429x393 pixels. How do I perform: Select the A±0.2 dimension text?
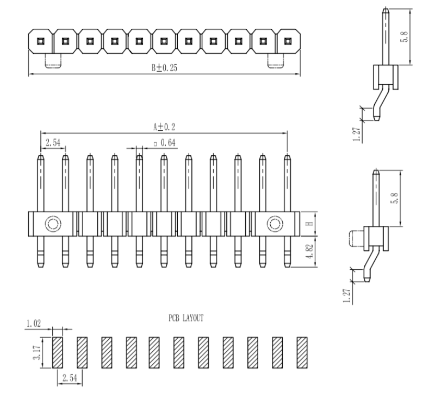click(164, 126)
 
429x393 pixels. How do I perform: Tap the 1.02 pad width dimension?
click(33, 324)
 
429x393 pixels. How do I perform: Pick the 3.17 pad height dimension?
click(36, 351)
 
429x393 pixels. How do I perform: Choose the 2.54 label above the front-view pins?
click(53, 143)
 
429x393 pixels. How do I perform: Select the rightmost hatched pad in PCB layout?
click(302, 351)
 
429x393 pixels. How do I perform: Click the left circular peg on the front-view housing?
click(53, 224)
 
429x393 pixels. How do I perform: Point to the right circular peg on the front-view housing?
click(275, 224)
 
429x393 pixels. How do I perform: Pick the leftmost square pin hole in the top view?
click(40, 41)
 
